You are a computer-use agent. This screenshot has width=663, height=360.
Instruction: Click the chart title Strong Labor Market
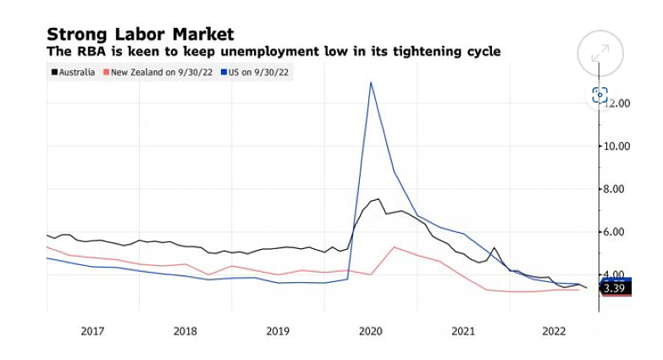[140, 34]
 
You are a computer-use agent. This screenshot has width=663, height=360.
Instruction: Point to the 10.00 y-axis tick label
[615, 146]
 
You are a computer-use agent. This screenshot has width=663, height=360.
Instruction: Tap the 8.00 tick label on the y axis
[618, 189]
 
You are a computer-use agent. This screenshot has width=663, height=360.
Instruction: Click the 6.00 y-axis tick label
[618, 232]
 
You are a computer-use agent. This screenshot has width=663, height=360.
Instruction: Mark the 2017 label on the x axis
[92, 331]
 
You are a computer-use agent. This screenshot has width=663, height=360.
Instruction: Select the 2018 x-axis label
[185, 331]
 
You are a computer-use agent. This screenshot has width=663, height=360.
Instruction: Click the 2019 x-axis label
[278, 331]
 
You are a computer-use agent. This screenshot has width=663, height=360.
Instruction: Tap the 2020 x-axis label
[370, 331]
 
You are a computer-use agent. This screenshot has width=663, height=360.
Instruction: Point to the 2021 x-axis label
[462, 331]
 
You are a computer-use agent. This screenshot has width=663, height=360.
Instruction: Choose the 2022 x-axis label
[555, 331]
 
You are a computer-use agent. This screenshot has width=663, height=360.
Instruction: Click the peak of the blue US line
[371, 82]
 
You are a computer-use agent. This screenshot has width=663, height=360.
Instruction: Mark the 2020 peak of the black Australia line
[378, 199]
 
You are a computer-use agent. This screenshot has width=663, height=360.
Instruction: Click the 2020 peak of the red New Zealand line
[394, 246]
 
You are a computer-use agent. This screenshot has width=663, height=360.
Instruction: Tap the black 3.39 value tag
[615, 289]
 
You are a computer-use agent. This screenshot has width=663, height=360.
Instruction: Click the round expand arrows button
[599, 53]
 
